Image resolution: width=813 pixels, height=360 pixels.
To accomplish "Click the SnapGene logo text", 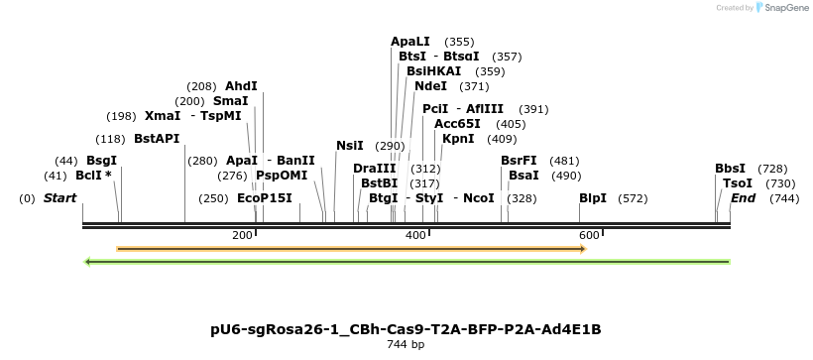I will [783, 8].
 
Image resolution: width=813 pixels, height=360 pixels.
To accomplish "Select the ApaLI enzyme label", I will [410, 42].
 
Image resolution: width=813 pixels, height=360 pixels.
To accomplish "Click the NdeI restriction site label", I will [430, 86].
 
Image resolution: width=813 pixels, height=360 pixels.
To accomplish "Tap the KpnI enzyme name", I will [458, 139].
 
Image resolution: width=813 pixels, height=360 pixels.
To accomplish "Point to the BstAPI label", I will [157, 138].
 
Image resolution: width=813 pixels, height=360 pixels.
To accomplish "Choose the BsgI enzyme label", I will [101, 160].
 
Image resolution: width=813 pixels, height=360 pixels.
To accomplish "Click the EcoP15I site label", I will [265, 198].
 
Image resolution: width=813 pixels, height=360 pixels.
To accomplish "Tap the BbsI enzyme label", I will [730, 169].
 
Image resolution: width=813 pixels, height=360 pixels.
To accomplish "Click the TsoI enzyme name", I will [737, 183].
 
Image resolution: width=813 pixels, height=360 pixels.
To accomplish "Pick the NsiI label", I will [350, 146].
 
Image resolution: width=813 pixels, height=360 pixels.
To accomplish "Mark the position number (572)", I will [632, 198].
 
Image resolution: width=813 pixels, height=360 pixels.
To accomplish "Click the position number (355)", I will [459, 42].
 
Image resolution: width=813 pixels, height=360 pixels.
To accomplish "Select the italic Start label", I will [59, 198].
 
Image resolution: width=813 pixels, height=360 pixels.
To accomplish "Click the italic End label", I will [743, 198].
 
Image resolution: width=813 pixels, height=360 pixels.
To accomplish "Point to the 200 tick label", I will [242, 235].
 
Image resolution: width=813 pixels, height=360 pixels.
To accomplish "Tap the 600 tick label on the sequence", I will [589, 235].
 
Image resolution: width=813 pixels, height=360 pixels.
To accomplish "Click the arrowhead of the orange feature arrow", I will [582, 248].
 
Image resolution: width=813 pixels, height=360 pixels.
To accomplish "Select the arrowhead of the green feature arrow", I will [89, 262].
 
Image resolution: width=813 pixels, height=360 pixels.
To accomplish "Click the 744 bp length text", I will [406, 345].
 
